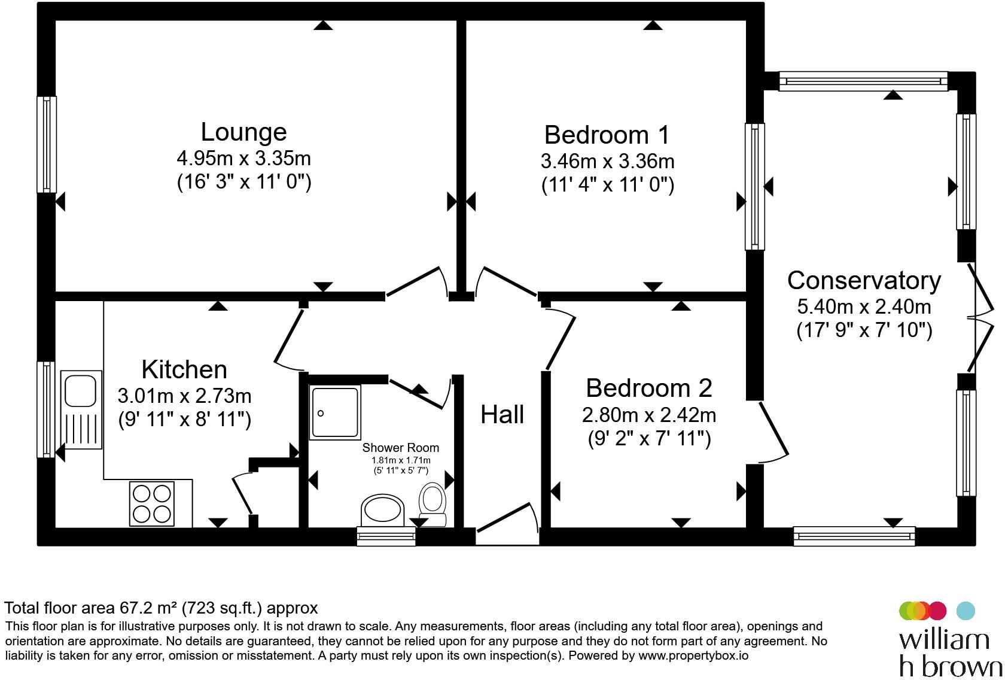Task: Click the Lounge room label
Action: [x=243, y=132]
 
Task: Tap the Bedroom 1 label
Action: [x=607, y=135]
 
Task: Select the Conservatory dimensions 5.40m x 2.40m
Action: [x=864, y=306]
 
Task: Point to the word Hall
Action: [x=502, y=414]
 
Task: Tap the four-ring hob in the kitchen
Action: [x=152, y=503]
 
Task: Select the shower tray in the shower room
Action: [x=335, y=412]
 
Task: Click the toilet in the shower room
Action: [x=433, y=503]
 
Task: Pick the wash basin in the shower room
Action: [x=382, y=510]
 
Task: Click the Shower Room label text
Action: [x=401, y=448]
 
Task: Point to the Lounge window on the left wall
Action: [x=47, y=144]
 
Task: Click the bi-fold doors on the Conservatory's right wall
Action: [x=982, y=318]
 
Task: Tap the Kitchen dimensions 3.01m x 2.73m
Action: [x=184, y=396]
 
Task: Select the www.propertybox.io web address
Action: [x=693, y=656]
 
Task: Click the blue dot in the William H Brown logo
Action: [x=966, y=611]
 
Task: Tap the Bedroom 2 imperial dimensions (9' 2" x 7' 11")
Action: [x=649, y=438]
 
